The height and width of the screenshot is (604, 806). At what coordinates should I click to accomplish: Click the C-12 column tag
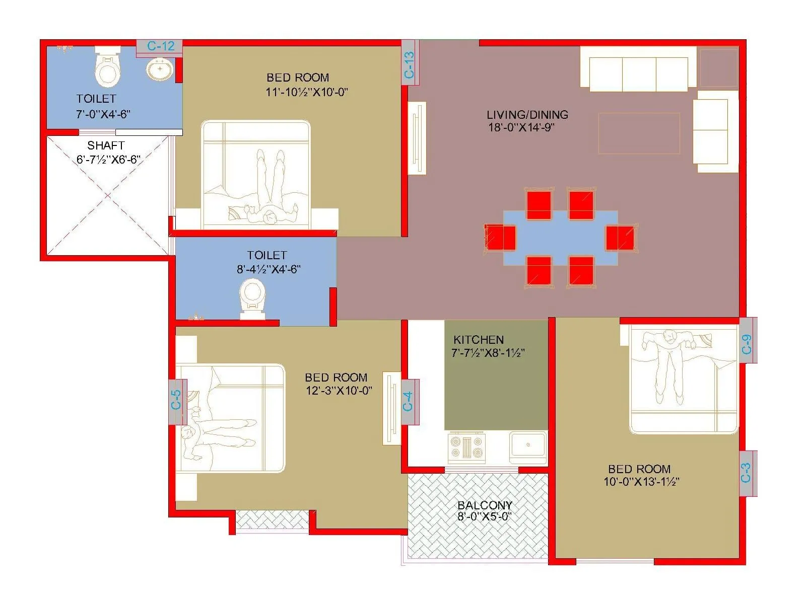pos(160,46)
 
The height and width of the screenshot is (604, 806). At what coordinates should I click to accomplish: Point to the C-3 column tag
pos(747,473)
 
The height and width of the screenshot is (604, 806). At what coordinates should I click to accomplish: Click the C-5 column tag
pos(177,400)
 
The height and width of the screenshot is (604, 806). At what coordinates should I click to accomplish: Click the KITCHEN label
pos(478,340)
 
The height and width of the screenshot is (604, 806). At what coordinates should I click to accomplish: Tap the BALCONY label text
pos(485,505)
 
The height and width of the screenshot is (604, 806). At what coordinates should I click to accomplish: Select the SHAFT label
pos(106,146)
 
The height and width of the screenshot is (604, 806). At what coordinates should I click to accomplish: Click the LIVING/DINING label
pos(527,115)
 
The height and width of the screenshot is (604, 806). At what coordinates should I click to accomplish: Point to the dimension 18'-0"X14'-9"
pos(521,127)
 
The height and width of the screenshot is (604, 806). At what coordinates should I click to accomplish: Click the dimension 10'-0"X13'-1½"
pos(641,482)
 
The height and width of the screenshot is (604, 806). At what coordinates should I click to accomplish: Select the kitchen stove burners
pos(467,447)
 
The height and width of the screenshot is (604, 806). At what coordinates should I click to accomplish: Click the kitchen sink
pos(528,445)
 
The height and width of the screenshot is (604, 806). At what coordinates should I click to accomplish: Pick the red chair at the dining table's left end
pos(501,238)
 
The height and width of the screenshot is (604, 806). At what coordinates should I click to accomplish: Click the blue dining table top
pos(560,238)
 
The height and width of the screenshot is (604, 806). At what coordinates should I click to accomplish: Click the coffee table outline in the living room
pos(639,133)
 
